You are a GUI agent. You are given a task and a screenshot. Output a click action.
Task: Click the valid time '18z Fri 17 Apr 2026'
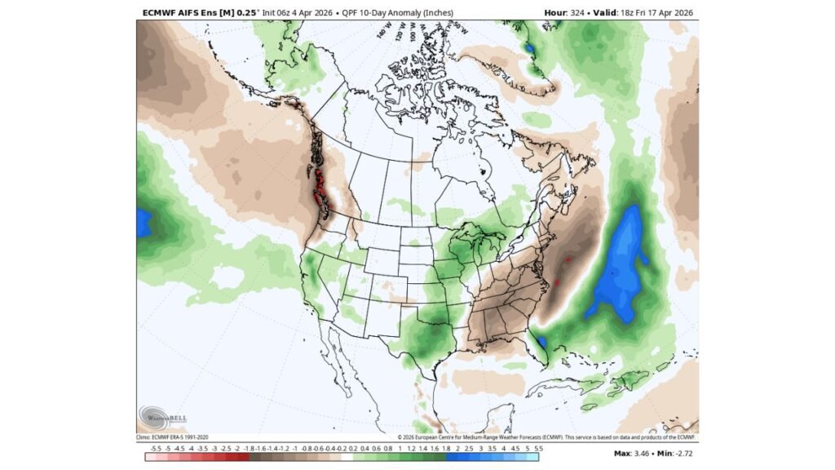click(x=653, y=12)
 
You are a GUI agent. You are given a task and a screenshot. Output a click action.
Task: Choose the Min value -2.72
click(x=679, y=452)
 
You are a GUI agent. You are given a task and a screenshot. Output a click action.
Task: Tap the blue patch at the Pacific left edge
click(x=144, y=222)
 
